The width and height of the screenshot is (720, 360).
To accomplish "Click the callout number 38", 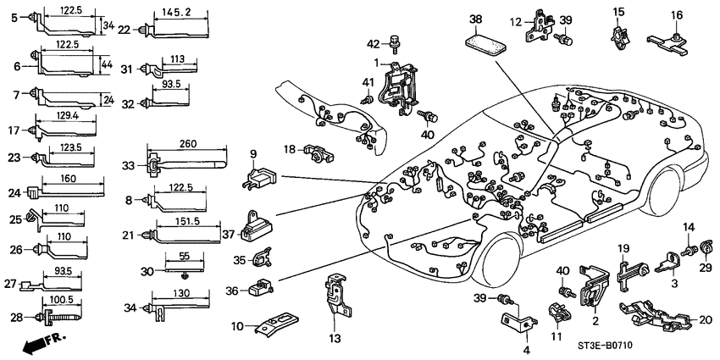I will (x=476, y=18).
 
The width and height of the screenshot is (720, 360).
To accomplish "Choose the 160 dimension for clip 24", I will (x=69, y=180).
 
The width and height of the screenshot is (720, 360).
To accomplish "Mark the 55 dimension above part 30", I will (x=184, y=255).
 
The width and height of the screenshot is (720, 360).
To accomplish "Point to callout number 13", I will (x=335, y=339).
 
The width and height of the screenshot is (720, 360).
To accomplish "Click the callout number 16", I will (x=677, y=15).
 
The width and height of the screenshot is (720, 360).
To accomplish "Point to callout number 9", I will (x=252, y=154).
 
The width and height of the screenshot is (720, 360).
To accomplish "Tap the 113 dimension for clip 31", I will (x=177, y=59).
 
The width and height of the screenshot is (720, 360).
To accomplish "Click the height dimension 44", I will (x=105, y=64).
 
